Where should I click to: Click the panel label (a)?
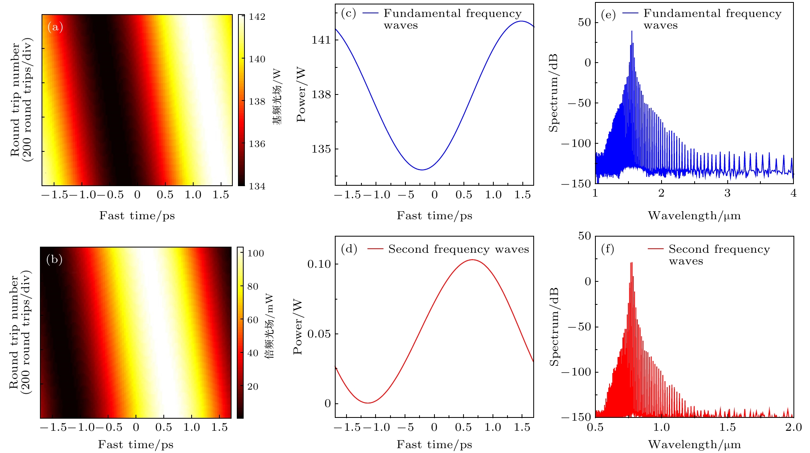[x=55, y=27]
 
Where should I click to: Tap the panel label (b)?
[x=54, y=259]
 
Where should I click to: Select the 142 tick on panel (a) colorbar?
[x=257, y=17]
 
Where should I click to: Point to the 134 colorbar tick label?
[x=257, y=186]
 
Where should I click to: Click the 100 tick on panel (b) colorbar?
[x=256, y=253]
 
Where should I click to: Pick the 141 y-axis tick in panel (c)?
[x=321, y=40]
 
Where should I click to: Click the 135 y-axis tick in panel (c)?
[x=321, y=149]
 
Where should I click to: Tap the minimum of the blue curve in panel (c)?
[x=422, y=170]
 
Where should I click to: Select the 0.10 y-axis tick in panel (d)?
[x=319, y=264]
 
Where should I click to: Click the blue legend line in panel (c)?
[x=370, y=14]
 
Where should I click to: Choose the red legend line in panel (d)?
[x=375, y=250]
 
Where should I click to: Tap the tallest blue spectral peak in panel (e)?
[x=632, y=31]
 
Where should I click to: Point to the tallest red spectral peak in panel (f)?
[x=631, y=263]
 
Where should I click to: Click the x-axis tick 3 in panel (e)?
[x=727, y=193]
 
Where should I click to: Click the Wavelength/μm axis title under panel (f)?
[x=694, y=445]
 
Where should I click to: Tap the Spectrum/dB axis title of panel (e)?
[x=553, y=92]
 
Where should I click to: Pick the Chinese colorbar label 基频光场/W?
[x=277, y=97]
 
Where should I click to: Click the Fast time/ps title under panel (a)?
[x=137, y=216]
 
